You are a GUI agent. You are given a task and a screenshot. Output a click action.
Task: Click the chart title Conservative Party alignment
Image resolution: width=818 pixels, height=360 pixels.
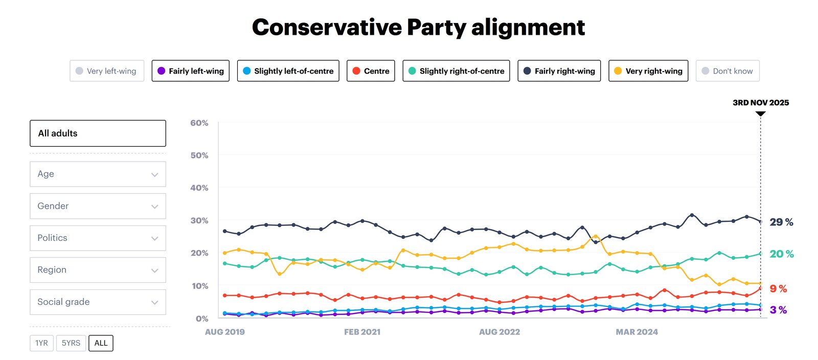(x=418, y=28)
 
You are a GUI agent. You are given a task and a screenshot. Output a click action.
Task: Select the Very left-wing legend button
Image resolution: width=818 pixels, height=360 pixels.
(x=107, y=71)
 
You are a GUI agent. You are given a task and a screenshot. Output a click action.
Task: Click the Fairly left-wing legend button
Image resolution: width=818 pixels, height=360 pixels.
(x=191, y=71)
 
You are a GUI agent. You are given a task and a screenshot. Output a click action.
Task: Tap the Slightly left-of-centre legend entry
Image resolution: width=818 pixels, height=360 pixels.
(x=288, y=71)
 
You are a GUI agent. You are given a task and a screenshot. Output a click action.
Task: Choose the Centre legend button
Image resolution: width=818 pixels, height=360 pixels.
(x=371, y=71)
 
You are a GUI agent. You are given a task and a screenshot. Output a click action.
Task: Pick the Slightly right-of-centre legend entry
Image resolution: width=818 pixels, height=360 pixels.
(x=456, y=71)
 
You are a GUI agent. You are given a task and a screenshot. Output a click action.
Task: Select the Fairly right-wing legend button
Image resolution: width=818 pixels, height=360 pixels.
(x=559, y=71)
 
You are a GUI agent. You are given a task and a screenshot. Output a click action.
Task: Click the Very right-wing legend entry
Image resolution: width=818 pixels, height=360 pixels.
(x=648, y=71)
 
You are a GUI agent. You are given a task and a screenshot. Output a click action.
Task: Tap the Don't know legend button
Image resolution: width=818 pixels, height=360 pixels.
(x=728, y=71)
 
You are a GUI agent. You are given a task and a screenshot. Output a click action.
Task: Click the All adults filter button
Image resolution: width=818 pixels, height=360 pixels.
(x=98, y=133)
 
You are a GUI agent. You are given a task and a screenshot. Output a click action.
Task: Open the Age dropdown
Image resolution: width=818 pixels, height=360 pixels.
(x=98, y=174)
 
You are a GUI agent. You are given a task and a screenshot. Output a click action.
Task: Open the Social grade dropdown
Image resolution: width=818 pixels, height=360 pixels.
(x=98, y=302)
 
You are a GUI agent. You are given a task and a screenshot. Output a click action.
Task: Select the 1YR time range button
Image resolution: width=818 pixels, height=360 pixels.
(x=41, y=343)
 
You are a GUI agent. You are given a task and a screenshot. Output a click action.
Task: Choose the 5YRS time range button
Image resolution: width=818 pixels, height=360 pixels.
(x=71, y=343)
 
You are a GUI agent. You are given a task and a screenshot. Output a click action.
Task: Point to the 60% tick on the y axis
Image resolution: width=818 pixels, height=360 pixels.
(x=199, y=123)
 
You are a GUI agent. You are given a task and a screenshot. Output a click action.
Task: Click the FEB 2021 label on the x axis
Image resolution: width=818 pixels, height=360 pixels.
(x=362, y=332)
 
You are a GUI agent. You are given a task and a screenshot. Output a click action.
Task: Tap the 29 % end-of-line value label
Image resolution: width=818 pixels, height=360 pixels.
(x=781, y=222)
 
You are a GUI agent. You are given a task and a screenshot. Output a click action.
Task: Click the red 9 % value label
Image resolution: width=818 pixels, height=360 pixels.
(x=778, y=289)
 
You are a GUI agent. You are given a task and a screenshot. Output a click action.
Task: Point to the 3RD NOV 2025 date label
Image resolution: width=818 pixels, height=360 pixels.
(x=761, y=103)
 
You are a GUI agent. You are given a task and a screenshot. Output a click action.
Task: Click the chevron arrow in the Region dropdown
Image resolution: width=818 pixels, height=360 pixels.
(x=154, y=271)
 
